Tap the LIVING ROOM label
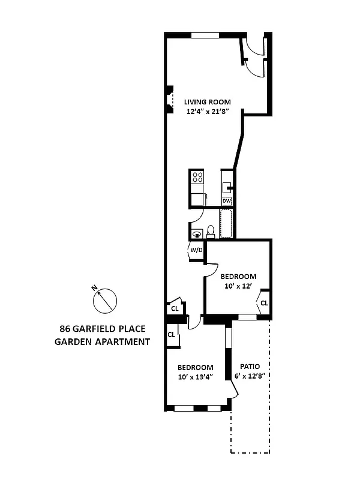click(207, 101)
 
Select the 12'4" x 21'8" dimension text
click(207, 112)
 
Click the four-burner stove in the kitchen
click(197, 177)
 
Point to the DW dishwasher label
click(227, 200)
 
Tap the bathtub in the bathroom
click(226, 223)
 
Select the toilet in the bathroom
click(211, 230)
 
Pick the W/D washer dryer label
click(196, 249)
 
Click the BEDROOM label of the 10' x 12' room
click(238, 276)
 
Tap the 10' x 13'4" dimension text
click(195, 377)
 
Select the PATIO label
click(250, 366)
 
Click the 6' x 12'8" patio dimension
click(250, 376)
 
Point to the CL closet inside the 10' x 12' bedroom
click(264, 303)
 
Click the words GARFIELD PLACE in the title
click(111, 329)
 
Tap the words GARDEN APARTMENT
click(102, 342)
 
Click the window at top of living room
click(205, 35)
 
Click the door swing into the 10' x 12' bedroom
click(211, 269)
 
